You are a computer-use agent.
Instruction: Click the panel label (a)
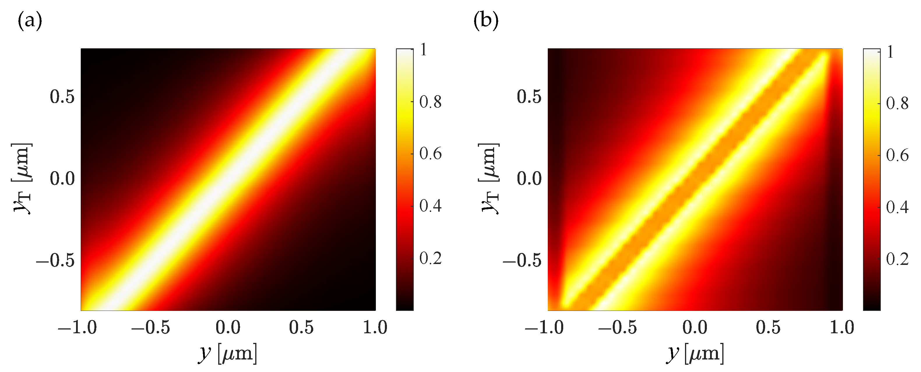(30, 20)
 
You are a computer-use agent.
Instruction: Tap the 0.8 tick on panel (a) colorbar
(430, 102)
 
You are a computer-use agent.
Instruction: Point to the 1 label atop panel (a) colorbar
(423, 50)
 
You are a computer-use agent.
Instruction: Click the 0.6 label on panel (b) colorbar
(897, 155)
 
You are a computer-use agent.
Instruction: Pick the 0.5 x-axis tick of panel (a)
(301, 327)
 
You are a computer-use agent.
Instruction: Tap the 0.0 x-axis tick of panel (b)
(695, 327)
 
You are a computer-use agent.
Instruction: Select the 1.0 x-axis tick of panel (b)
(842, 327)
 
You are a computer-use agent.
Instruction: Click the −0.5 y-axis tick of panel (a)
(55, 260)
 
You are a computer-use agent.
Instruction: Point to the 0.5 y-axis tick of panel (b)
(529, 97)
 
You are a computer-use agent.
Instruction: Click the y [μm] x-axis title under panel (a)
(227, 354)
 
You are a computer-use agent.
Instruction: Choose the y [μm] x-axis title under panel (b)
(695, 354)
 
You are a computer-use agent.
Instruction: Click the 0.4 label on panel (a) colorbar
(430, 206)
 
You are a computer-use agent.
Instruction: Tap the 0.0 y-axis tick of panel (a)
(62, 179)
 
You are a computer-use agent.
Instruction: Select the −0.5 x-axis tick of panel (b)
(617, 327)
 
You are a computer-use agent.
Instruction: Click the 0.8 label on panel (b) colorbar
(897, 104)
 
